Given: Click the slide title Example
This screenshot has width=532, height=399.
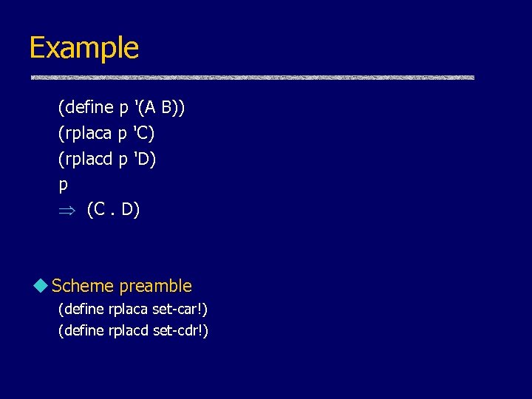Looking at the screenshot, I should pyautogui.click(x=83, y=48).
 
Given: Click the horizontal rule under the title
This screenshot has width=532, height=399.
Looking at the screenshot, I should pyautogui.click(x=252, y=78).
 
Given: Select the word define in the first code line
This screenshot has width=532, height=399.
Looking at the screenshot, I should pyautogui.click(x=88, y=108).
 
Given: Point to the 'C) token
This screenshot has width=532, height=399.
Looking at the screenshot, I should pyautogui.click(x=144, y=134).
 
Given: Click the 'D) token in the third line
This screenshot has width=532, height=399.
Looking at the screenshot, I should pyautogui.click(x=145, y=159).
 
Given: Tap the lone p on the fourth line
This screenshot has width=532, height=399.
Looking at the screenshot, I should pyautogui.click(x=63, y=185).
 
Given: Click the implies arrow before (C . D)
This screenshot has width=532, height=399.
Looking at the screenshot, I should pyautogui.click(x=65, y=211).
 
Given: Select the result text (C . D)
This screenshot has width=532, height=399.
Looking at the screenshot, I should pyautogui.click(x=113, y=210).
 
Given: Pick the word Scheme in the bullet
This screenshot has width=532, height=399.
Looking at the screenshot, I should pyautogui.click(x=83, y=286).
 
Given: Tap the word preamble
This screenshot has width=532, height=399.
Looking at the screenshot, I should pyautogui.click(x=155, y=286).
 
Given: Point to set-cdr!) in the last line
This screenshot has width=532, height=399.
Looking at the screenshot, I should pyautogui.click(x=180, y=330).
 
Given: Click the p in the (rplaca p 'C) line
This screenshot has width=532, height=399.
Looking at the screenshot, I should pyautogui.click(x=123, y=135).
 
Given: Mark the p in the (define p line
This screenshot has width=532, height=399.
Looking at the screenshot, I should pyautogui.click(x=123, y=109).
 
